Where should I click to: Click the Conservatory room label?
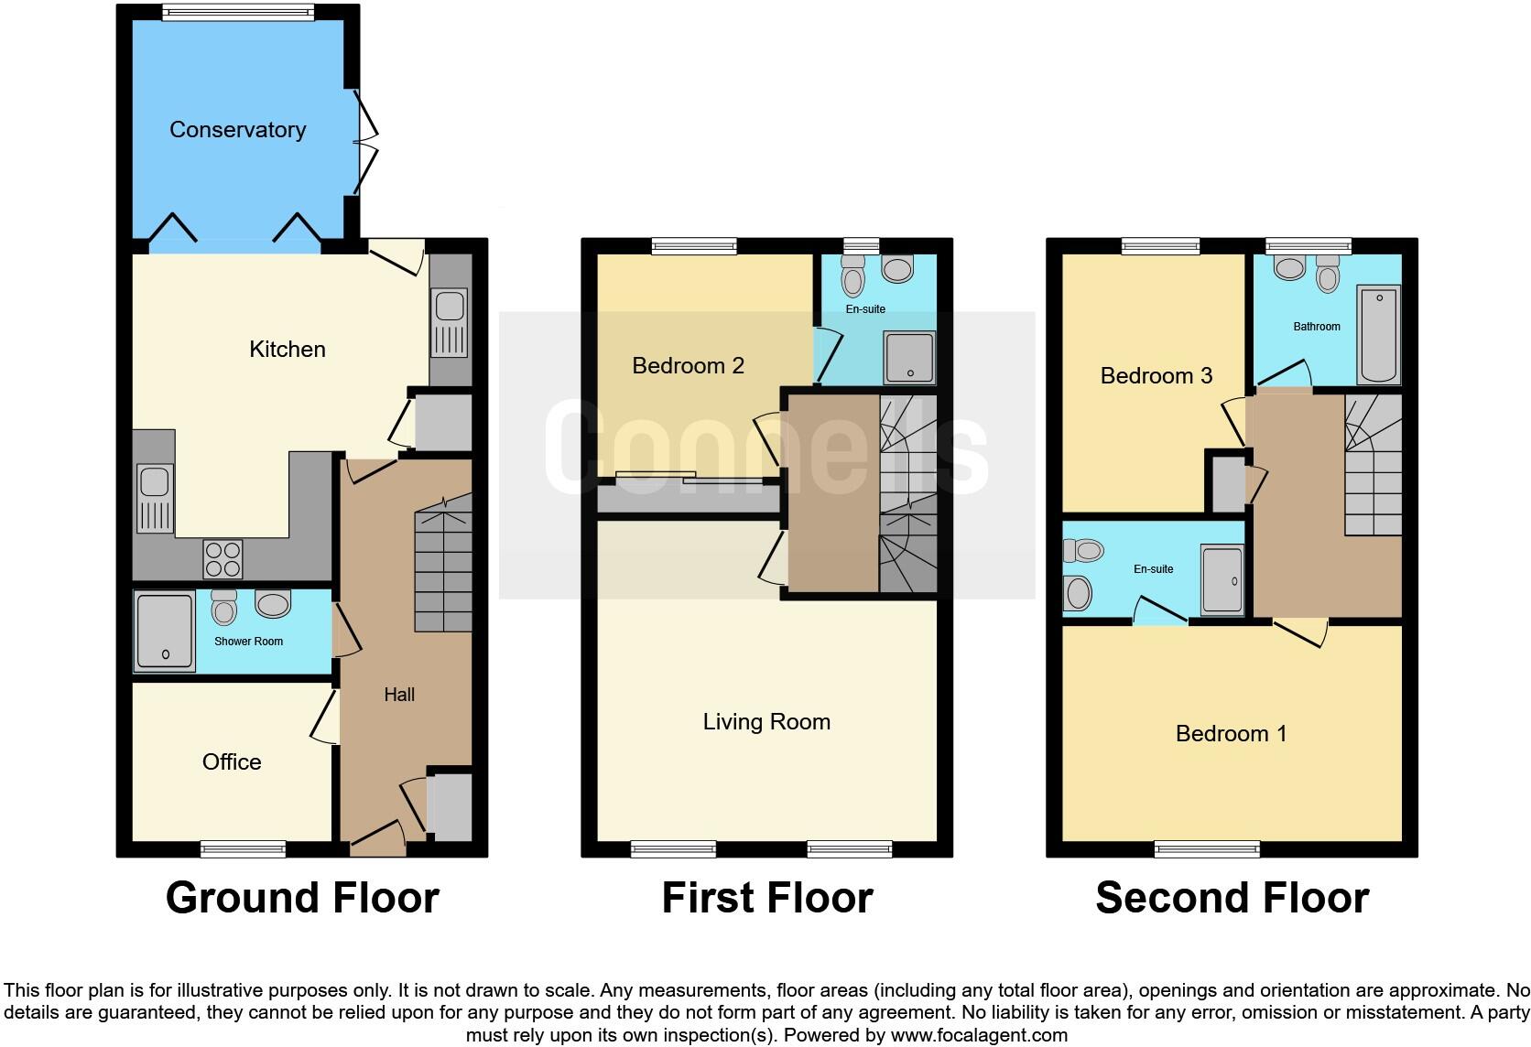pyautogui.click(x=237, y=130)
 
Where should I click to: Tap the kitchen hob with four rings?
pyautogui.click(x=223, y=559)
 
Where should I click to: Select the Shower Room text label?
pyautogui.click(x=248, y=642)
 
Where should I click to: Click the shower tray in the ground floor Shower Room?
pyautogui.click(x=165, y=631)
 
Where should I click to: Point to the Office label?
pyautogui.click(x=232, y=762)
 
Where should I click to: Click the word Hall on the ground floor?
pyautogui.click(x=398, y=695)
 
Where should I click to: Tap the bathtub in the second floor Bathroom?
pyautogui.click(x=1378, y=335)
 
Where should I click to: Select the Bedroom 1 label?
pyautogui.click(x=1231, y=733)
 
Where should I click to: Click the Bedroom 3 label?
pyautogui.click(x=1156, y=375)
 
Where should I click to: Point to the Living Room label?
pyautogui.click(x=766, y=722)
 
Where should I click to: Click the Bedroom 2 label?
pyautogui.click(x=688, y=366)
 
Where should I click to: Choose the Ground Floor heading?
pyautogui.click(x=302, y=898)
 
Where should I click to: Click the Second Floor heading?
pyautogui.click(x=1232, y=898)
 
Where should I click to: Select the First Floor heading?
pyautogui.click(x=766, y=898)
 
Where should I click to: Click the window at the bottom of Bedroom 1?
pyautogui.click(x=1207, y=849)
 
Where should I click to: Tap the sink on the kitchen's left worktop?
pyautogui.click(x=154, y=498)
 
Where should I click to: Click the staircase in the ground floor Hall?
pyautogui.click(x=443, y=572)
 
